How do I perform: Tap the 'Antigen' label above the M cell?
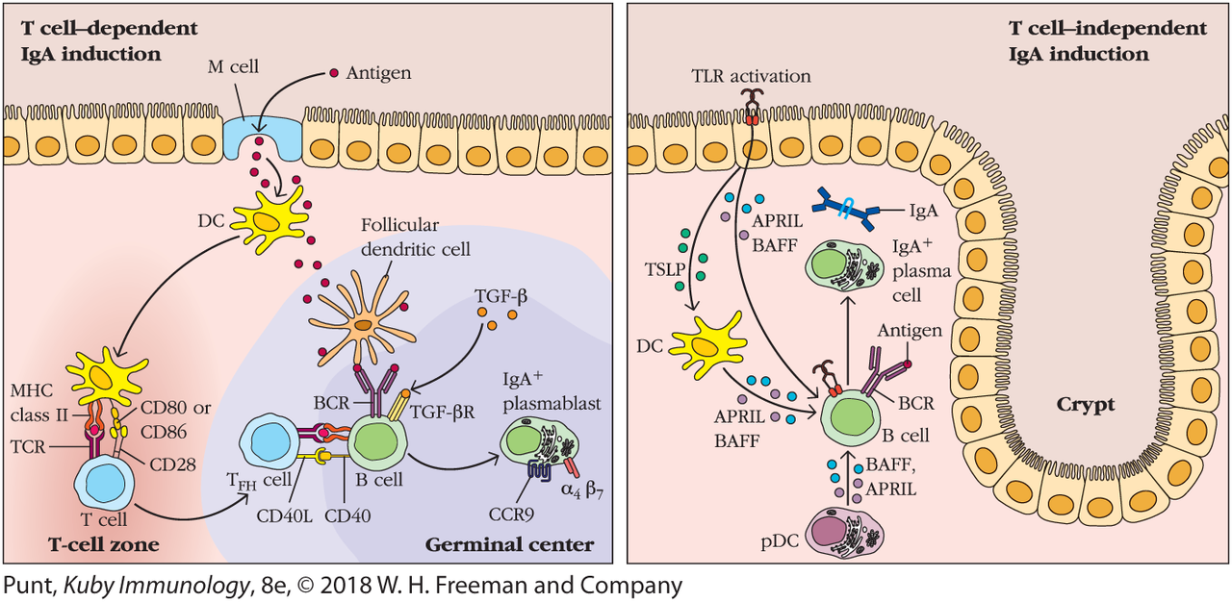click(x=378, y=73)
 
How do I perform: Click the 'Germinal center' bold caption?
click(x=509, y=545)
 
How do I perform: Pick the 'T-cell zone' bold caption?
click(x=104, y=545)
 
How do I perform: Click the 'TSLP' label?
click(x=662, y=272)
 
